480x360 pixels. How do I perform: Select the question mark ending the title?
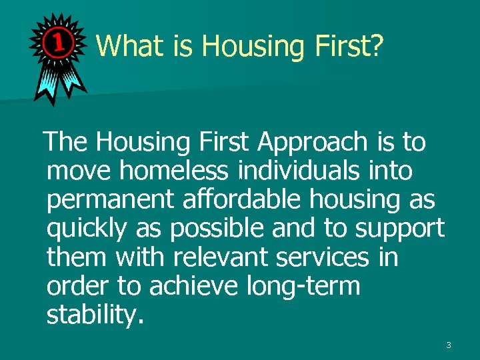(375, 46)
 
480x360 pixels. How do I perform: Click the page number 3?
(449, 345)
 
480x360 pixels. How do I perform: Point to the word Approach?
(311, 142)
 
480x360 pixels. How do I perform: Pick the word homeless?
(176, 171)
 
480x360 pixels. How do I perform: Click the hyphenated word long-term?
(303, 285)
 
